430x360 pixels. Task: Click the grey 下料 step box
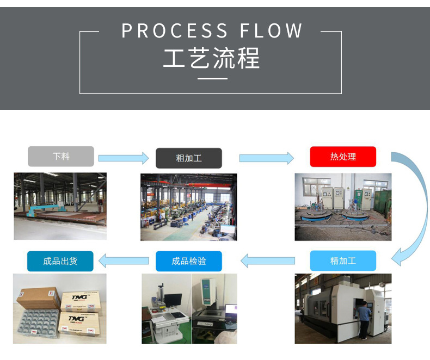pyautogui.click(x=61, y=157)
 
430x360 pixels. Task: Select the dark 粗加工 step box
pyautogui.click(x=189, y=158)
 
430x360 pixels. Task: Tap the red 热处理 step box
pyautogui.click(x=343, y=157)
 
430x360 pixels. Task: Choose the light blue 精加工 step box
pyautogui.click(x=343, y=261)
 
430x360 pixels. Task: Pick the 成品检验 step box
pyautogui.click(x=189, y=261)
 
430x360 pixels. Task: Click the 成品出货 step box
pyautogui.click(x=60, y=261)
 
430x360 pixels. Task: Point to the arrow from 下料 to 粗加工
pyautogui.click(x=124, y=158)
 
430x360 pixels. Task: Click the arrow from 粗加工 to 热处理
pyautogui.click(x=266, y=158)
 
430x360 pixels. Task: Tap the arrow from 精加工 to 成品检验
pyautogui.click(x=267, y=261)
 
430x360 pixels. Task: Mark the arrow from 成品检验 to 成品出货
pyautogui.click(x=124, y=261)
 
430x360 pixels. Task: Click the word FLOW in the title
pyautogui.click(x=272, y=31)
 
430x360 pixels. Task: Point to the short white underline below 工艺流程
pyautogui.click(x=211, y=79)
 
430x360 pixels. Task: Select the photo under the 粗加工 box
pyautogui.click(x=188, y=207)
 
